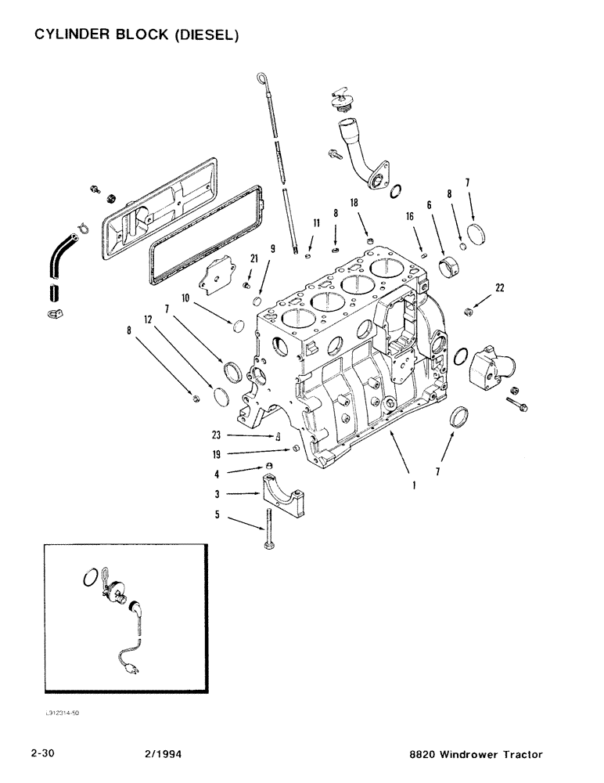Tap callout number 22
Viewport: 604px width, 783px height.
pyautogui.click(x=499, y=287)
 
